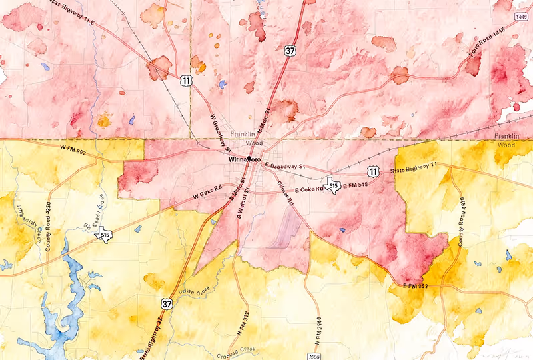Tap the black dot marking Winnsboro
[249, 159]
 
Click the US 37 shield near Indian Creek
[164, 304]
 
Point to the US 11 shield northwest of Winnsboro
[183, 81]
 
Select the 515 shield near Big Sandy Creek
[105, 235]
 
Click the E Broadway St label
[284, 165]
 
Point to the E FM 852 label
[417, 286]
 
